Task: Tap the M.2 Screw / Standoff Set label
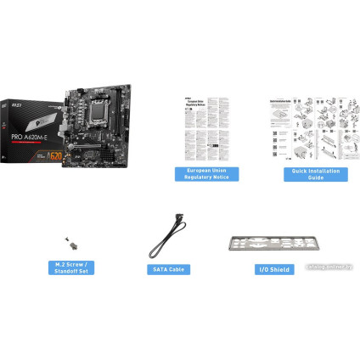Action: point(69,268)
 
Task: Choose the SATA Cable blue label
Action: point(167,269)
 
